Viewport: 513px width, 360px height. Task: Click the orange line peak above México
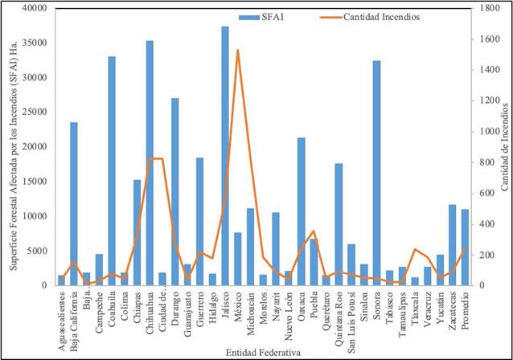(237, 51)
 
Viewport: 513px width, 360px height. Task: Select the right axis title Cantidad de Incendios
(505, 145)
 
